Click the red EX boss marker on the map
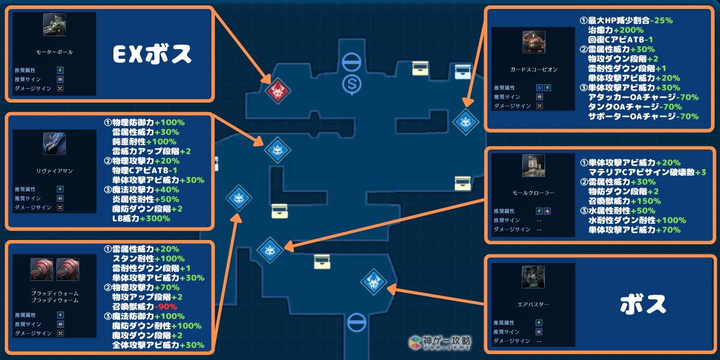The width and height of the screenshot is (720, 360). [x=277, y=91]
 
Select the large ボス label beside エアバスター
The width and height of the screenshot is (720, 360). [x=643, y=304]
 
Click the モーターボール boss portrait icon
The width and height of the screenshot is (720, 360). [x=55, y=25]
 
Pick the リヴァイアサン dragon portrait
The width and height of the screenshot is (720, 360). [x=55, y=145]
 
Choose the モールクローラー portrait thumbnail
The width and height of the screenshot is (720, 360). [x=533, y=166]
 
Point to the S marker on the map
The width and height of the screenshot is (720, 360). [x=350, y=83]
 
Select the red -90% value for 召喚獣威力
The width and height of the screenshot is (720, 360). [x=166, y=307]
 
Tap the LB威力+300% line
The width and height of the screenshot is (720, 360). [x=141, y=218]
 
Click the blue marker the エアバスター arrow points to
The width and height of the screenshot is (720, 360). [x=373, y=280]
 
